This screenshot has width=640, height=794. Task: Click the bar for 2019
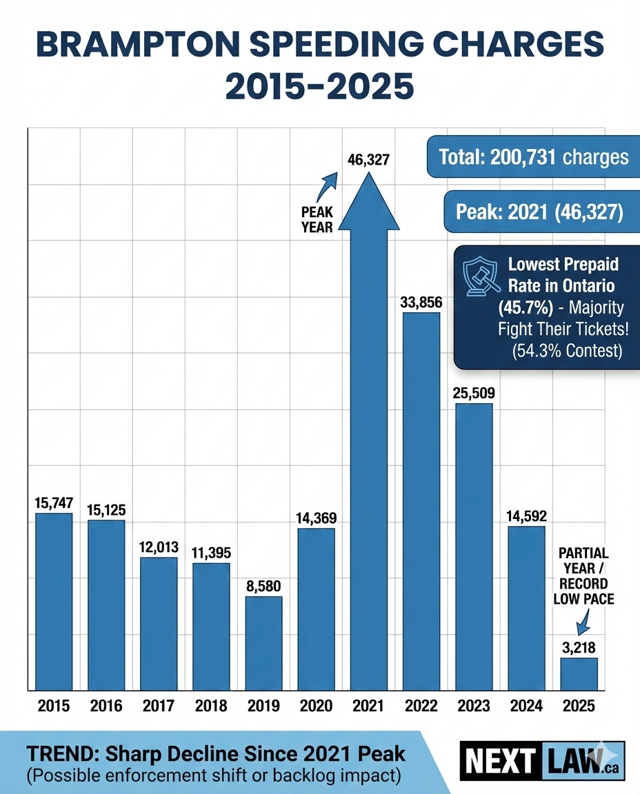(x=263, y=642)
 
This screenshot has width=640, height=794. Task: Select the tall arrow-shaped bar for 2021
(x=369, y=448)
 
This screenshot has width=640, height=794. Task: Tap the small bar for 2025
(x=579, y=673)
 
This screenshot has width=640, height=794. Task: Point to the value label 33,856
(x=421, y=302)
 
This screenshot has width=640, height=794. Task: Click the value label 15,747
(x=54, y=503)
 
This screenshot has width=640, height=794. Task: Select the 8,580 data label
(x=263, y=586)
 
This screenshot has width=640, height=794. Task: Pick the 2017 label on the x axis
(x=159, y=706)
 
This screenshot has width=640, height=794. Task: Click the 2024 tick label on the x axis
(x=526, y=706)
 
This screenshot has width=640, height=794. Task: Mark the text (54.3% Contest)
(x=567, y=350)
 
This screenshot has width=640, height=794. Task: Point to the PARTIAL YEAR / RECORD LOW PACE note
(x=583, y=576)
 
